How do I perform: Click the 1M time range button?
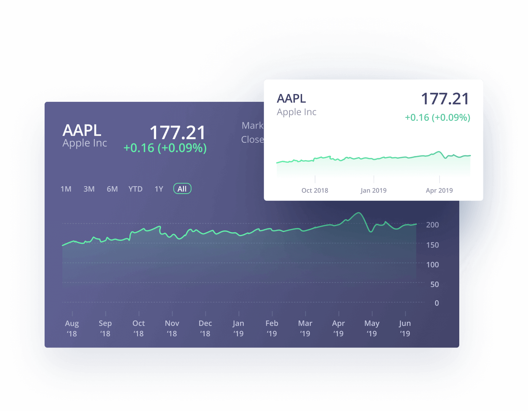pos(66,189)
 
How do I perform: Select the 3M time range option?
pos(89,189)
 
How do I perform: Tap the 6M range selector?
pos(112,189)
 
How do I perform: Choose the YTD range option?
pos(135,189)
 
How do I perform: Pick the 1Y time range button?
pos(159,189)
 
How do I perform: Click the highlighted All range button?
pos(182,189)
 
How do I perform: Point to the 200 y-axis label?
pos(432,225)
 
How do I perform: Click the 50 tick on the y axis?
pos(434,284)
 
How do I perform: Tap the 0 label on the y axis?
pos(437,303)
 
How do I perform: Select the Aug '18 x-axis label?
pos(72,328)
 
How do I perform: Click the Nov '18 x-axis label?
pos(172,328)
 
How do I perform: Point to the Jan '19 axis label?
pos(239,328)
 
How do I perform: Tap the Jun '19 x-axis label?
pos(405,328)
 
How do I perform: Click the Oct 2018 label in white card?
pos(315,190)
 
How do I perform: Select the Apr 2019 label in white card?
pos(439,190)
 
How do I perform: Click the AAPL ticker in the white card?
pos(291,98)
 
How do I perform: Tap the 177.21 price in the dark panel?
pos(178,133)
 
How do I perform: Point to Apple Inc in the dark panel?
pos(85,143)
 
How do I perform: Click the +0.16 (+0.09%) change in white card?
pos(437,117)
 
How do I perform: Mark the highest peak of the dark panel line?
pos(359,213)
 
